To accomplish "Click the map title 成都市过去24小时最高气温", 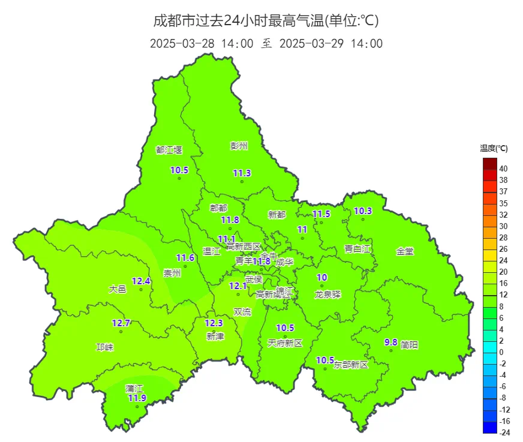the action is coord(266,21).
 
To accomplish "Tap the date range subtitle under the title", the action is coord(266,44).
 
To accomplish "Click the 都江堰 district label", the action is coord(169,150).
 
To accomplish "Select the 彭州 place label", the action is coord(239,146).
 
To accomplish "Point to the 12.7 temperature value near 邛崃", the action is coord(121,323).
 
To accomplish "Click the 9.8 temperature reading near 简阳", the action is coord(391,342).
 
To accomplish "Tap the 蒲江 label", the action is coord(134,388).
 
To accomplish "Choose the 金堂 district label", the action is coord(405,251).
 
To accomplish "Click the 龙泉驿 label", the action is coord(327,294).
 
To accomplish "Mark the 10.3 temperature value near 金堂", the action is coord(363,211).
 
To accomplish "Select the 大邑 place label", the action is coord(118,289).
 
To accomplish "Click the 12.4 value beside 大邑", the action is coord(141,281).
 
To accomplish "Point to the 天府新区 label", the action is coord(285,343).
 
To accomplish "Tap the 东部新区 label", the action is coord(351,364).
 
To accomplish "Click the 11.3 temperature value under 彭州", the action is coord(242,173).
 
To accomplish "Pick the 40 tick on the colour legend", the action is coord(503,169).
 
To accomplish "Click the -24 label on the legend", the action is coord(504,432).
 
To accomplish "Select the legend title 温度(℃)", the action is coord(494,148).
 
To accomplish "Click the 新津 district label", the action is coord(215,336).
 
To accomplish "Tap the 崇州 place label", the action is coord(172,273).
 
